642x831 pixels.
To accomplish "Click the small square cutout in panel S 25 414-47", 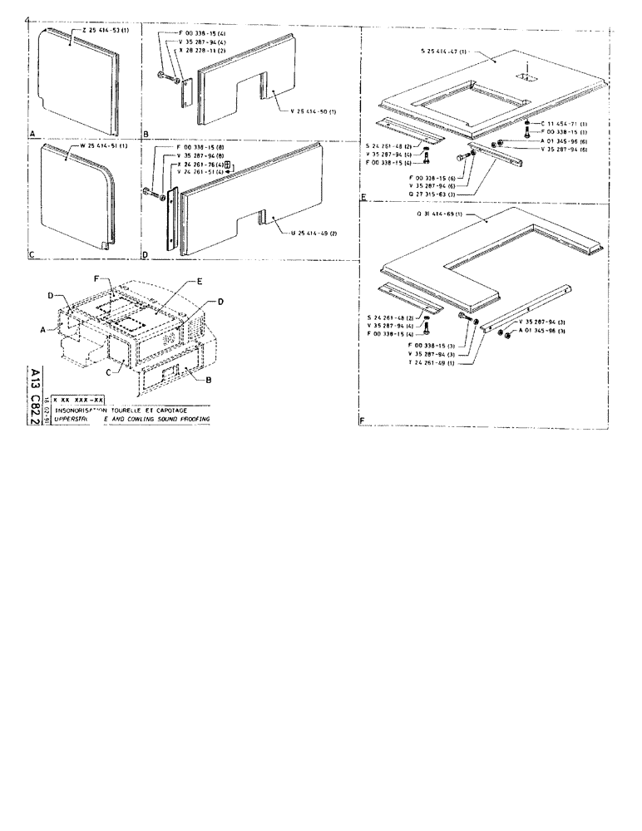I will (x=526, y=76).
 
